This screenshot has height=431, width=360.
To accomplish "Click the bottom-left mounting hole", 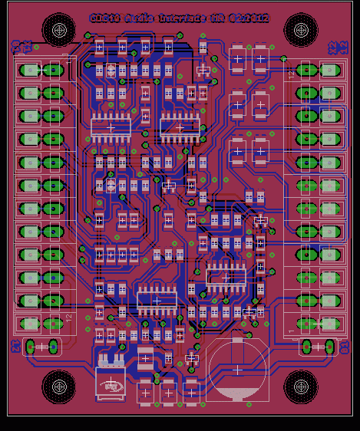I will [58, 386].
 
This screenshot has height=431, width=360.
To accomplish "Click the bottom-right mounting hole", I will [300, 386].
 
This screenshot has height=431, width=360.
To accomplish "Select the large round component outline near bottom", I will [236, 370].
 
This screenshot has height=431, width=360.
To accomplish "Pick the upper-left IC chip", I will [111, 127].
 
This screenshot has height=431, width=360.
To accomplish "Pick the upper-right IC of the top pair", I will [179, 127].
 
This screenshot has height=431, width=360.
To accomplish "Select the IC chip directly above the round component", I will [226, 277].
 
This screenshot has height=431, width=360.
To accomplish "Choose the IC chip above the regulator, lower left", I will [157, 300].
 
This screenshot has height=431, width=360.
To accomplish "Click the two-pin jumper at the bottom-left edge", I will [42, 347].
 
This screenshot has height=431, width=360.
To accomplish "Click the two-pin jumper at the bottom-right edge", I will [317, 347].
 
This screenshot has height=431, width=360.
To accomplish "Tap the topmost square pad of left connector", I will [29, 71].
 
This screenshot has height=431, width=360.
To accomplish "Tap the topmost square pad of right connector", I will [330, 71].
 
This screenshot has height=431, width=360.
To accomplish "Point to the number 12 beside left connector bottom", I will [68, 317].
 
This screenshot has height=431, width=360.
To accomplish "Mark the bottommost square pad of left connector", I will [29, 324].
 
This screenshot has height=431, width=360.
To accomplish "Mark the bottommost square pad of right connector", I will [330, 324].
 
